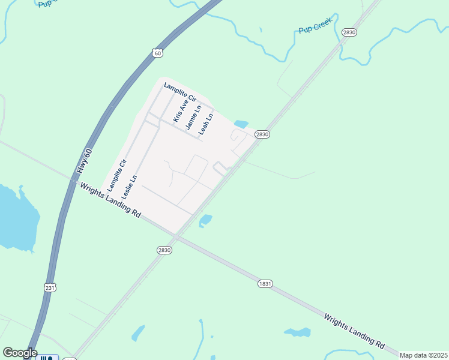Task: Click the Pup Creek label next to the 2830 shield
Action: tap(315, 29)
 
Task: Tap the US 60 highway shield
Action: tap(157, 53)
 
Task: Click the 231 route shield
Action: tap(50, 287)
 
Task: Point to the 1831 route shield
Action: tap(265, 283)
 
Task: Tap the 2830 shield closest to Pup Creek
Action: tap(349, 32)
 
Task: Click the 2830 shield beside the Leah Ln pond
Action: tap(262, 134)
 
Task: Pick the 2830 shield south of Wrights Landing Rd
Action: tap(164, 250)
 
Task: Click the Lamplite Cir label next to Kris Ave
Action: tap(180, 92)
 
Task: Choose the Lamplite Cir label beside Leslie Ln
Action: tap(116, 175)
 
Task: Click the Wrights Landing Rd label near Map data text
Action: tap(354, 331)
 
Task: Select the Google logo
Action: tap(20, 353)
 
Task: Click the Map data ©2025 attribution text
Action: tap(423, 355)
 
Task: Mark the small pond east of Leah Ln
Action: tap(241, 124)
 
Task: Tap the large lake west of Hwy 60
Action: tap(17, 219)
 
